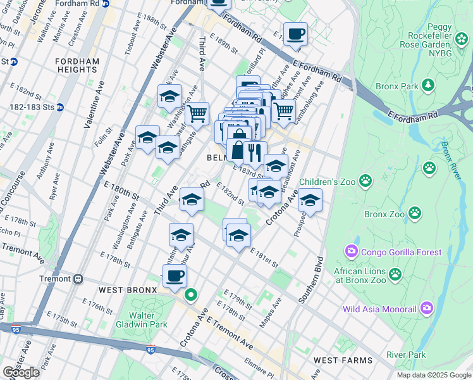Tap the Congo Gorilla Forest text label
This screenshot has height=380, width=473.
point(401,252)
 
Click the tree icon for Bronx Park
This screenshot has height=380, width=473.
point(428,84)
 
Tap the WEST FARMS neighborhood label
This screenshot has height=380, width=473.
point(341,360)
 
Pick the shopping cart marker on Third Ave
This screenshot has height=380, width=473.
point(197,113)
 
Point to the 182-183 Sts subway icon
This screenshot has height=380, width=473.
point(60,107)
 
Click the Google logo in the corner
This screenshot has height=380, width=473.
point(21,372)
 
